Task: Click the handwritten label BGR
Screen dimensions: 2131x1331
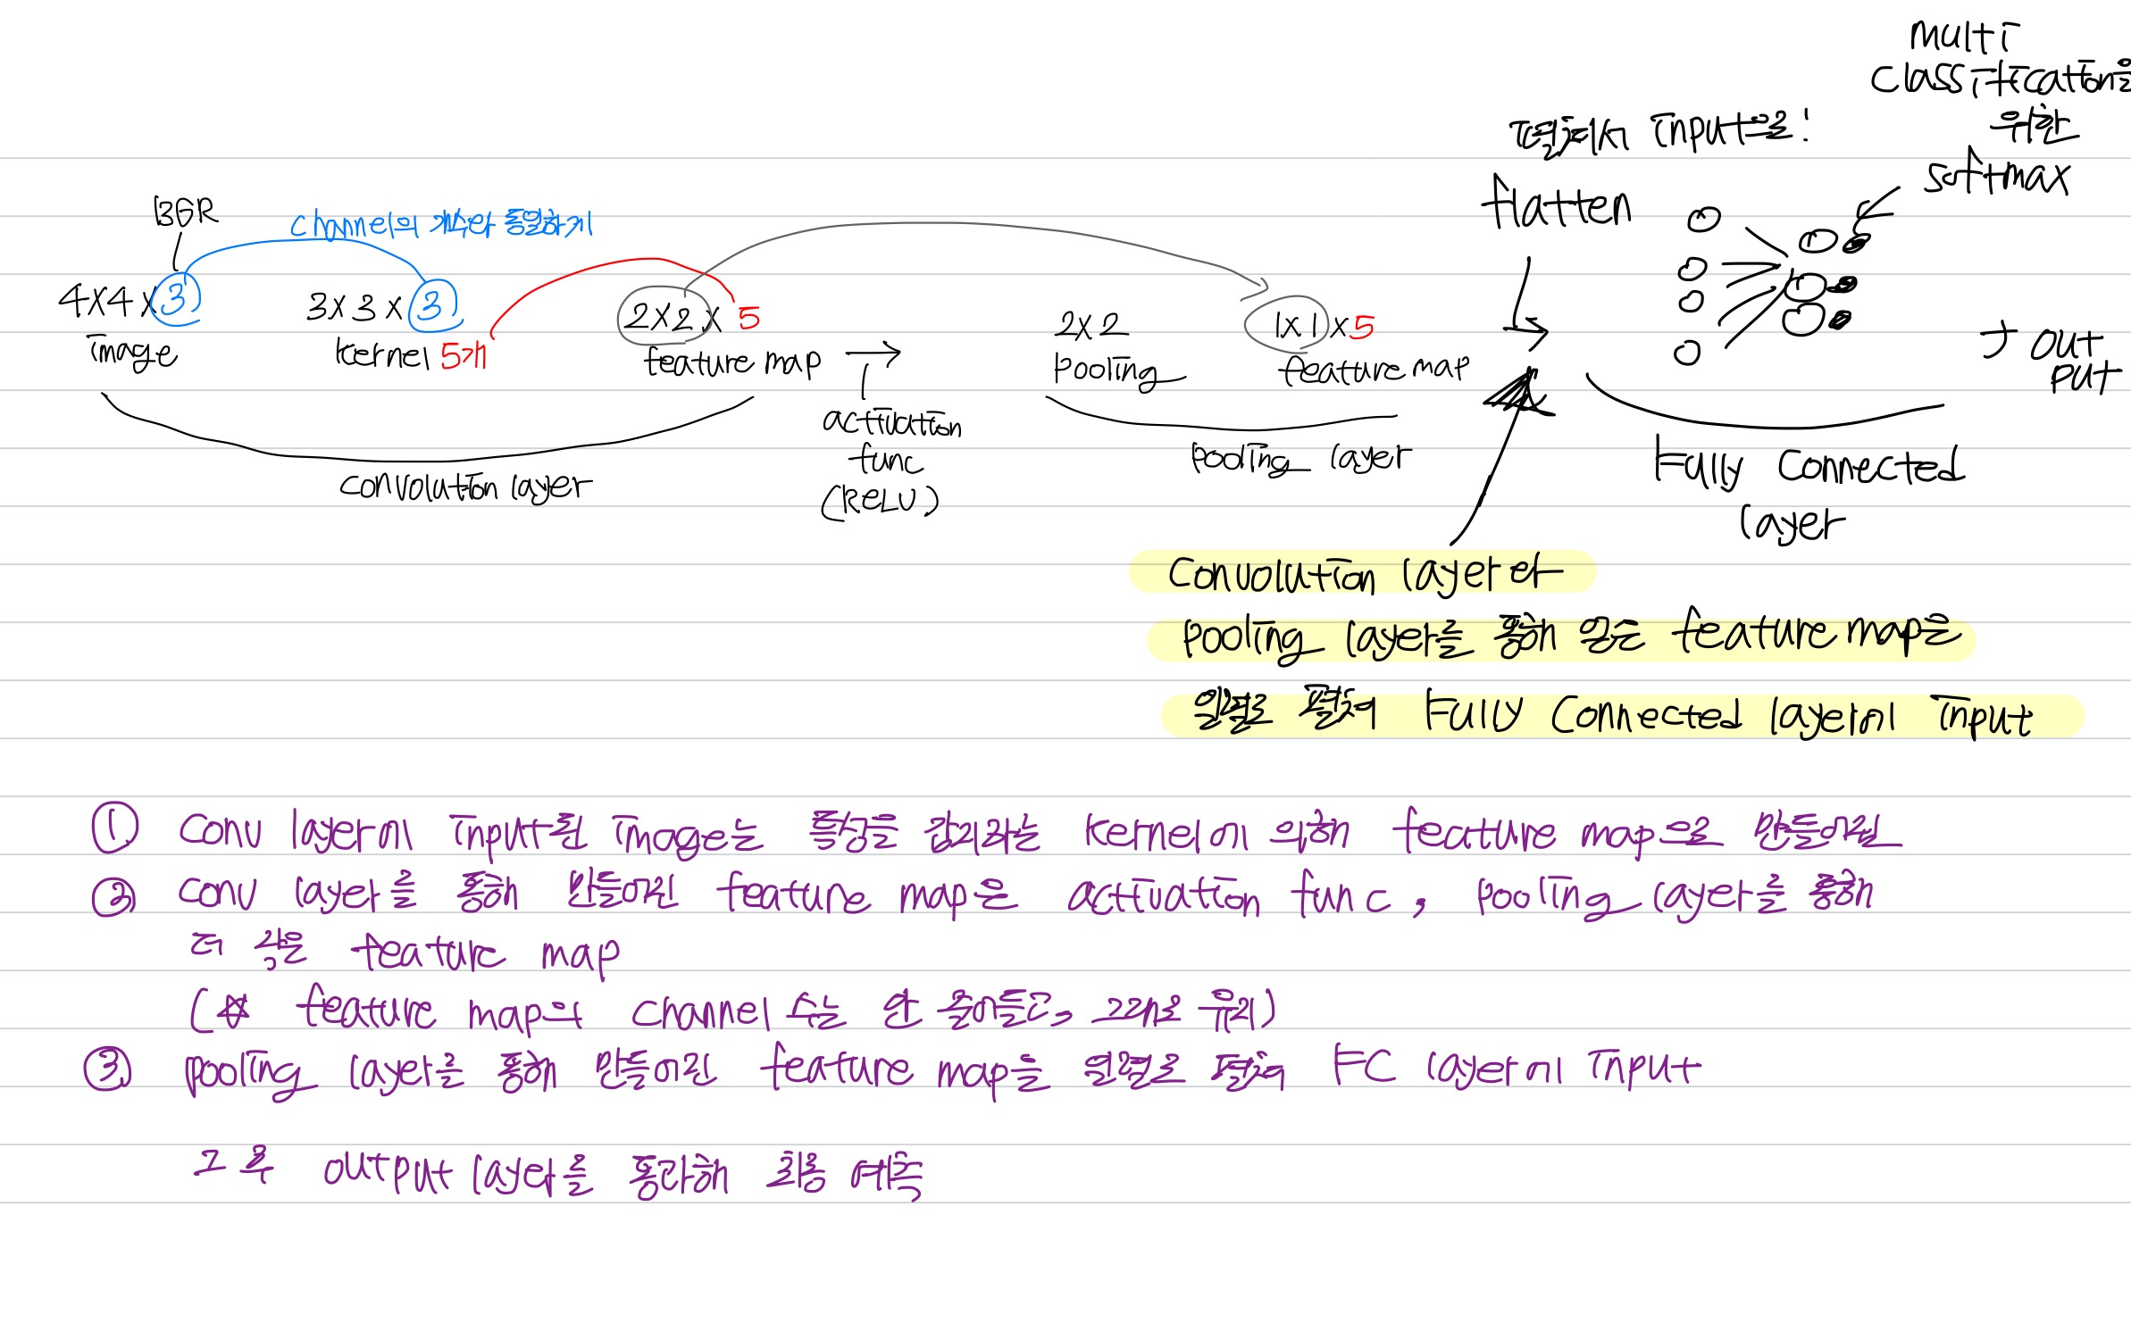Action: [185, 212]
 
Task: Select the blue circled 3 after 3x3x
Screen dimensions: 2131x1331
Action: [433, 305]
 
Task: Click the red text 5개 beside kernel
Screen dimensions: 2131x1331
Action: [464, 356]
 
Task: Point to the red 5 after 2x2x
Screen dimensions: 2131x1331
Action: [748, 318]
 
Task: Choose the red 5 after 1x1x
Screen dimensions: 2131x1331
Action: [1362, 327]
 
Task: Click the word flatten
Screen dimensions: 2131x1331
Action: [1557, 204]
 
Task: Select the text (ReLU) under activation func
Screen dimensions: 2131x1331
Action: [880, 501]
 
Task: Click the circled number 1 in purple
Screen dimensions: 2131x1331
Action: [115, 828]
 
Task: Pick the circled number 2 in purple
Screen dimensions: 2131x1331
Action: [113, 896]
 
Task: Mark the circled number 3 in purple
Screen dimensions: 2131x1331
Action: [108, 1068]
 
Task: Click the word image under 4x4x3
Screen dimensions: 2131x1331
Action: [132, 353]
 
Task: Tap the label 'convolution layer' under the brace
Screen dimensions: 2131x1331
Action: [464, 487]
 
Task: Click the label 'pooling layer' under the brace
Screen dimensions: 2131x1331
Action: [1300, 459]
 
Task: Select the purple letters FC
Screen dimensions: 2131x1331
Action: [1363, 1064]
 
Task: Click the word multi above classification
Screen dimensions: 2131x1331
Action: [1962, 37]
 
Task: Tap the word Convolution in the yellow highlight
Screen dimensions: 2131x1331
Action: [1271, 575]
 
